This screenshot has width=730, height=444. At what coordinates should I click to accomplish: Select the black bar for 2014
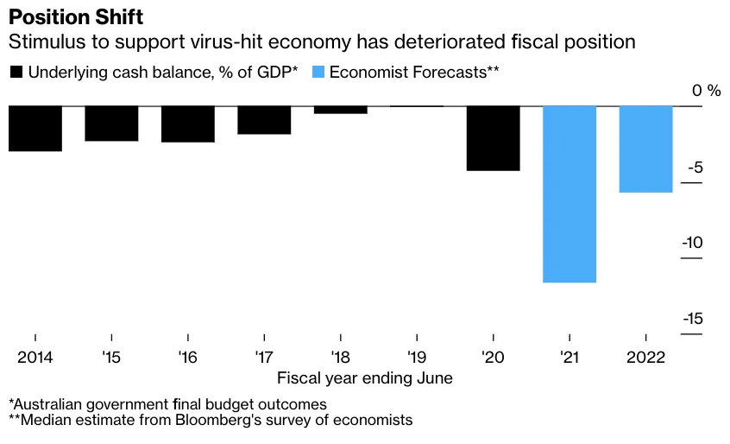[x=35, y=129]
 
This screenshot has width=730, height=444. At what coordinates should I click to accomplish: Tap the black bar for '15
[x=111, y=124]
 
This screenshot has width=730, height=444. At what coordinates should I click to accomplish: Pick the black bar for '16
[x=188, y=124]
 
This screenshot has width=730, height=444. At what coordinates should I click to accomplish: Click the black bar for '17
[x=264, y=120]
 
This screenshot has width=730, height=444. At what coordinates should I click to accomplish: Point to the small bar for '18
[x=340, y=110]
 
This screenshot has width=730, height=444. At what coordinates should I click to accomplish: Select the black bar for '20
[x=494, y=138]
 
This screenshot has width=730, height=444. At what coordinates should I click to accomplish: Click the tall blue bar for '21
[x=570, y=194]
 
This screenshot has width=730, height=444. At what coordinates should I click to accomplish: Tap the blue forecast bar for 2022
[x=646, y=149]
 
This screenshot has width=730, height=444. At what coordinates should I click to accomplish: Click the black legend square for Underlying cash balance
[x=16, y=73]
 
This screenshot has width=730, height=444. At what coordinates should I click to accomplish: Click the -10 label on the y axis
[x=692, y=243]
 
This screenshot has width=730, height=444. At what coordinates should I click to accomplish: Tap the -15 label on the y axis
[x=692, y=319]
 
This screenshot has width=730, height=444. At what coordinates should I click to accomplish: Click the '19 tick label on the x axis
[x=417, y=357]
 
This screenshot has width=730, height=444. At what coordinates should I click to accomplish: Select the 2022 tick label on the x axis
[x=646, y=357]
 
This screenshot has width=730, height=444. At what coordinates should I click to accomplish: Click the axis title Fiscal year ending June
[x=364, y=378]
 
